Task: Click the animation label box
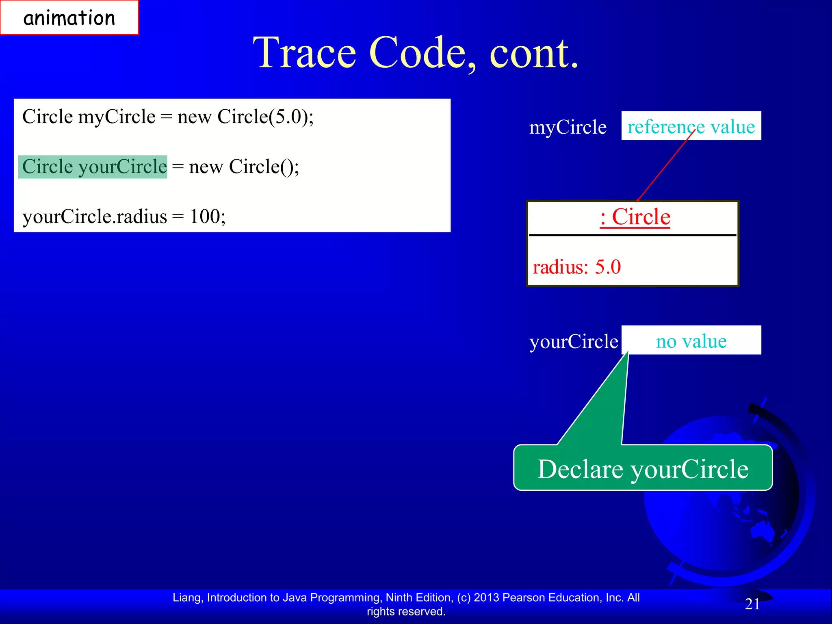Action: (69, 18)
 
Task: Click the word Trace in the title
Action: (304, 53)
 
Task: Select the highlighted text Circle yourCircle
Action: (93, 167)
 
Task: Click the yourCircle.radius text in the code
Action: (94, 217)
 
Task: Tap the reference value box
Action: (691, 126)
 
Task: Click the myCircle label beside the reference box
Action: (567, 128)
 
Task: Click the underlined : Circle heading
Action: (635, 217)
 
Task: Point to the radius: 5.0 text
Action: (576, 267)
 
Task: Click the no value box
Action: (691, 340)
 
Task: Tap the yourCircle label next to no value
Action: (573, 341)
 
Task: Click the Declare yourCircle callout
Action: (643, 468)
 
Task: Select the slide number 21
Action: (752, 604)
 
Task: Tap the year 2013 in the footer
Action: (486, 598)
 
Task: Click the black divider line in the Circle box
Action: (632, 235)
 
